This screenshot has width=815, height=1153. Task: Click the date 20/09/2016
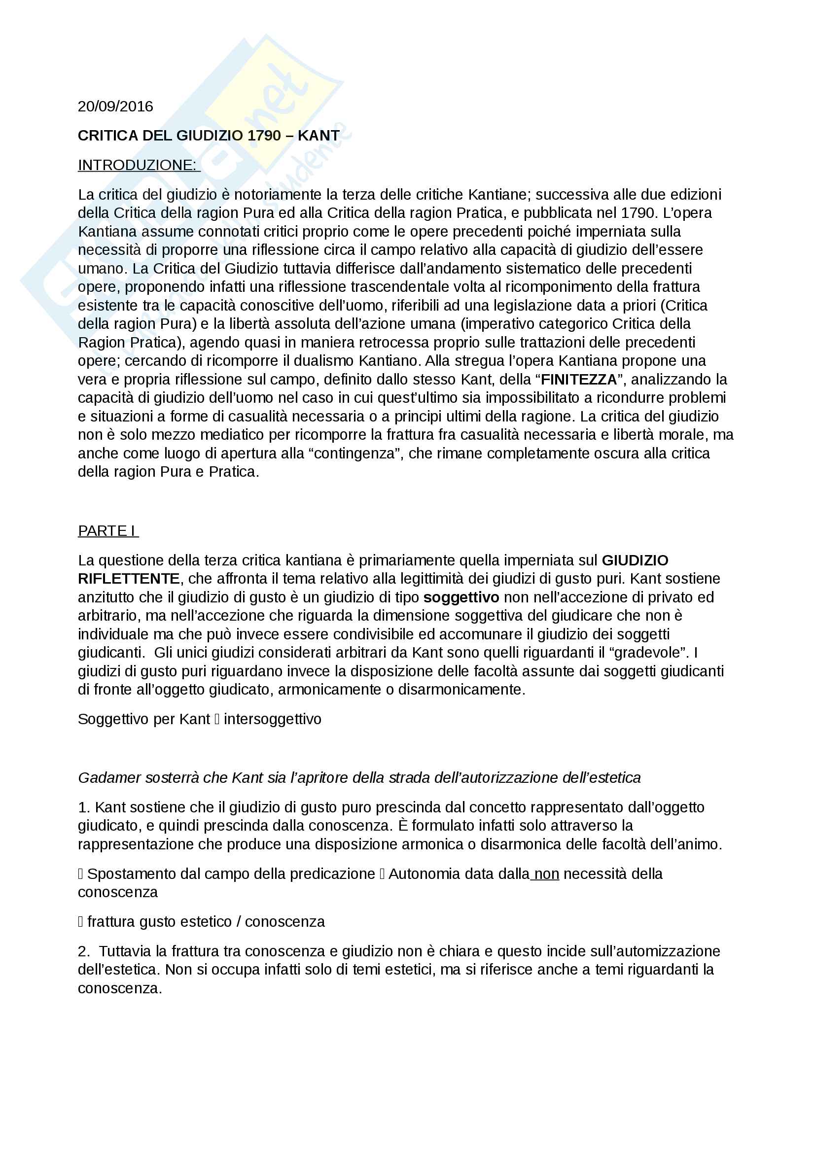[x=115, y=106]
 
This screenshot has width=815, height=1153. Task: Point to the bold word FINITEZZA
[x=578, y=380]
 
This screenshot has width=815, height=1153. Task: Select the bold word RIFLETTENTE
[x=129, y=579]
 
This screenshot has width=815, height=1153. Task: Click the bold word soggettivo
[x=461, y=597]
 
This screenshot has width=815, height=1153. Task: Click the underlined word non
[x=547, y=874]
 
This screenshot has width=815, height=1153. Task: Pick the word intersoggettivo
[x=273, y=719]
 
